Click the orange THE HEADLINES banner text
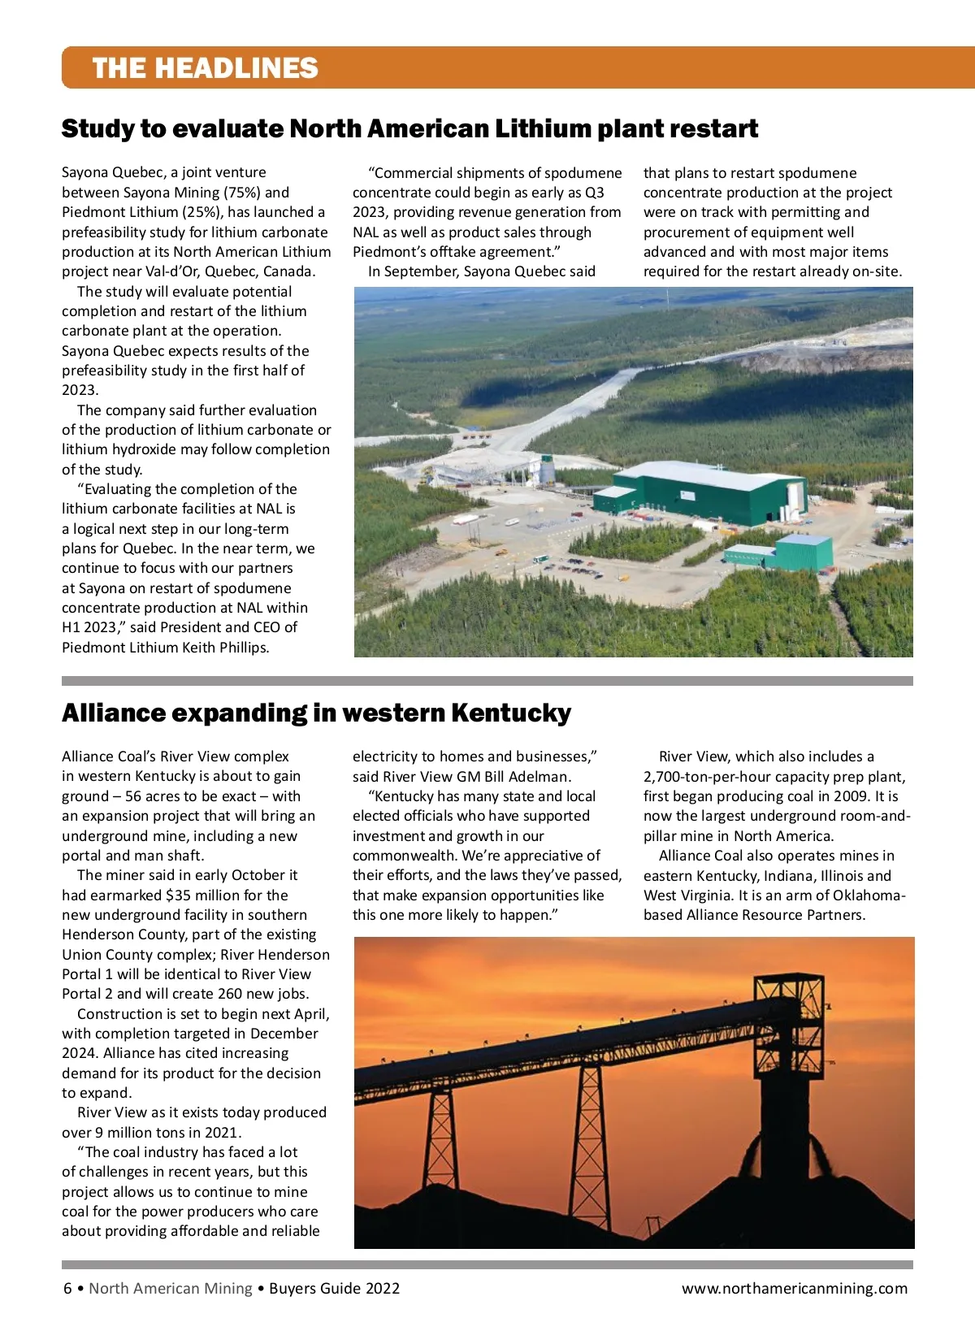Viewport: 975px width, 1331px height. pyautogui.click(x=205, y=67)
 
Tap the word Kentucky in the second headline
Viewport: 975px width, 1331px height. pyautogui.click(x=511, y=713)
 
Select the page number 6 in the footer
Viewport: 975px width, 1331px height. pyautogui.click(x=67, y=1288)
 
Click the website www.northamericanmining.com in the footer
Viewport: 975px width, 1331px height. pyautogui.click(x=794, y=1288)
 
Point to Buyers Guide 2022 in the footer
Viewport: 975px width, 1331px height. pyautogui.click(x=334, y=1288)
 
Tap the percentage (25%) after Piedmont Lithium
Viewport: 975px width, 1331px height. pyautogui.click(x=201, y=212)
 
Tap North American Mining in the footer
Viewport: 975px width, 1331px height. pyautogui.click(x=171, y=1288)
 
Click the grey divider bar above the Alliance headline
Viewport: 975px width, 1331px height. pyautogui.click(x=487, y=681)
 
